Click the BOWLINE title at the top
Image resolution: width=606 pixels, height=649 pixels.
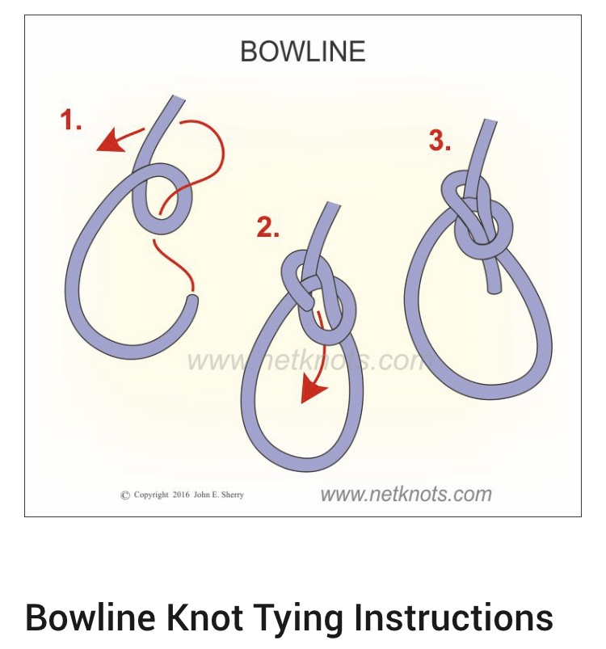(303, 52)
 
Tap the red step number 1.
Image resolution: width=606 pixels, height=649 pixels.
(70, 120)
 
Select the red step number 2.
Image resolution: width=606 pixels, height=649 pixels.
(267, 227)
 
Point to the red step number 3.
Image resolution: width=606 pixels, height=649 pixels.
(440, 141)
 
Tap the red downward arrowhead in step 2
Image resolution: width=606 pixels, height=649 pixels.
(313, 391)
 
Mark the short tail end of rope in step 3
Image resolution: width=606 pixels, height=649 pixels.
(494, 289)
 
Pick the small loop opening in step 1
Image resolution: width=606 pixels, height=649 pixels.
(162, 199)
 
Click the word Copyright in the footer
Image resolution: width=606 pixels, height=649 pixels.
(151, 495)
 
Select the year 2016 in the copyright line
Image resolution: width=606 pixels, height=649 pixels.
(181, 495)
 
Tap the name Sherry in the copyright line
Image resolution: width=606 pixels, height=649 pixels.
(233, 495)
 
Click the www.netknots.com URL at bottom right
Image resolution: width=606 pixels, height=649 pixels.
(406, 494)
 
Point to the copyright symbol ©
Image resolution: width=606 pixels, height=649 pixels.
(125, 495)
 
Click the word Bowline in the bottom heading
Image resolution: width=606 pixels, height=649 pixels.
(90, 617)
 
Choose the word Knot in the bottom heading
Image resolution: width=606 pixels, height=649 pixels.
(204, 617)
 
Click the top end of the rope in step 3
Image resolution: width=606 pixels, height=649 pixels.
(490, 121)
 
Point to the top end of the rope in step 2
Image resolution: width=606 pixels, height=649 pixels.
(334, 204)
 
